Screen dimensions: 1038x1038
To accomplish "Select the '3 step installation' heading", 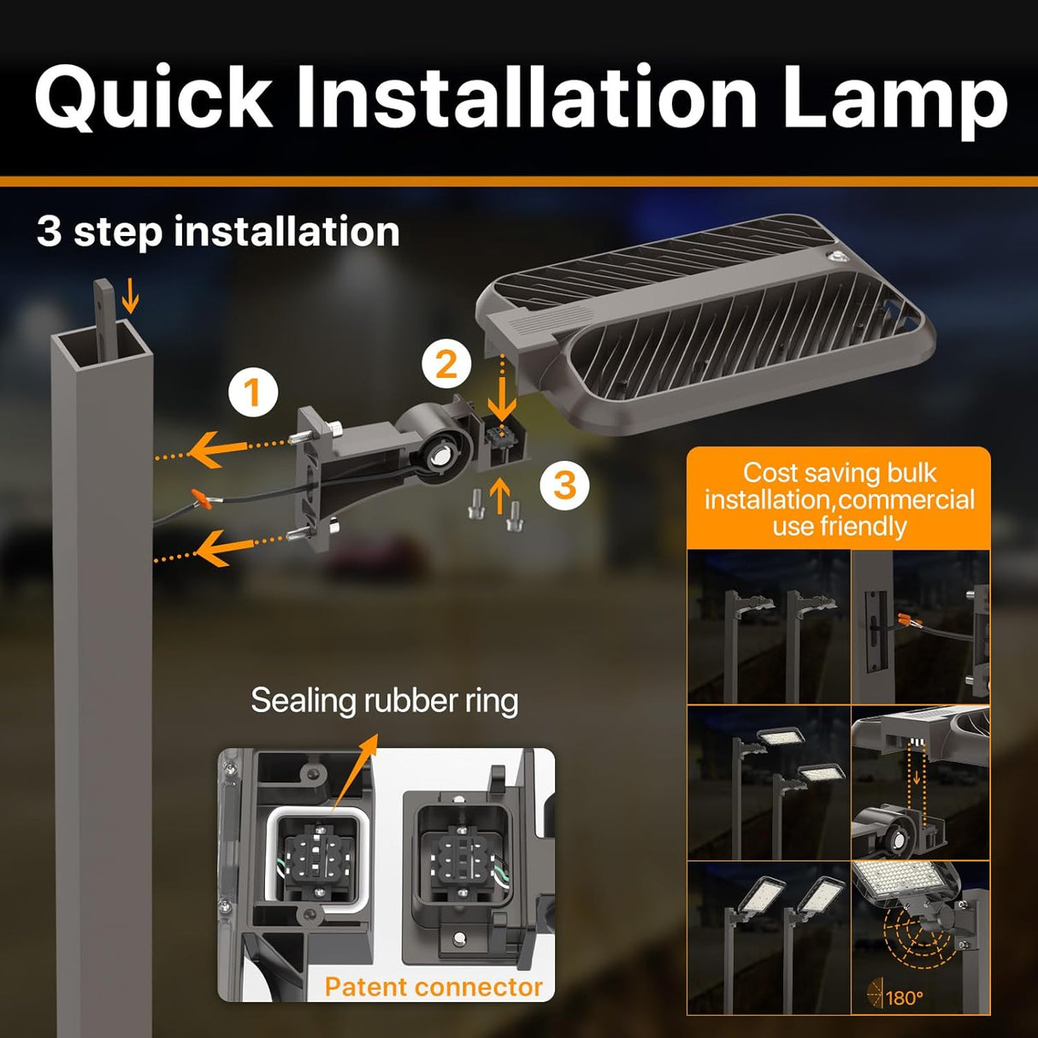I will point(218,232).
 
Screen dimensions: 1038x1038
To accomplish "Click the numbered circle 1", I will point(252,393).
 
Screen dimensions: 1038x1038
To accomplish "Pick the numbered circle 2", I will point(446,364).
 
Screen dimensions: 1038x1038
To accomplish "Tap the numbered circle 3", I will point(564,485).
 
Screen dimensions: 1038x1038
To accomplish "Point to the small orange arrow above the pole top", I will point(130,298).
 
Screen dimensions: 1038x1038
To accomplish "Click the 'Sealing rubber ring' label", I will point(384,701).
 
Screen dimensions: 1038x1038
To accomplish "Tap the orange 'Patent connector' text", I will point(433,987).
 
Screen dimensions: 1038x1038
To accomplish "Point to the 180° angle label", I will point(904,998).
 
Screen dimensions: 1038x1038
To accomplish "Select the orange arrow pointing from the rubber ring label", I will point(357,767).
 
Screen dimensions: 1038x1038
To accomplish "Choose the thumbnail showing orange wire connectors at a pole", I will point(921,627).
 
